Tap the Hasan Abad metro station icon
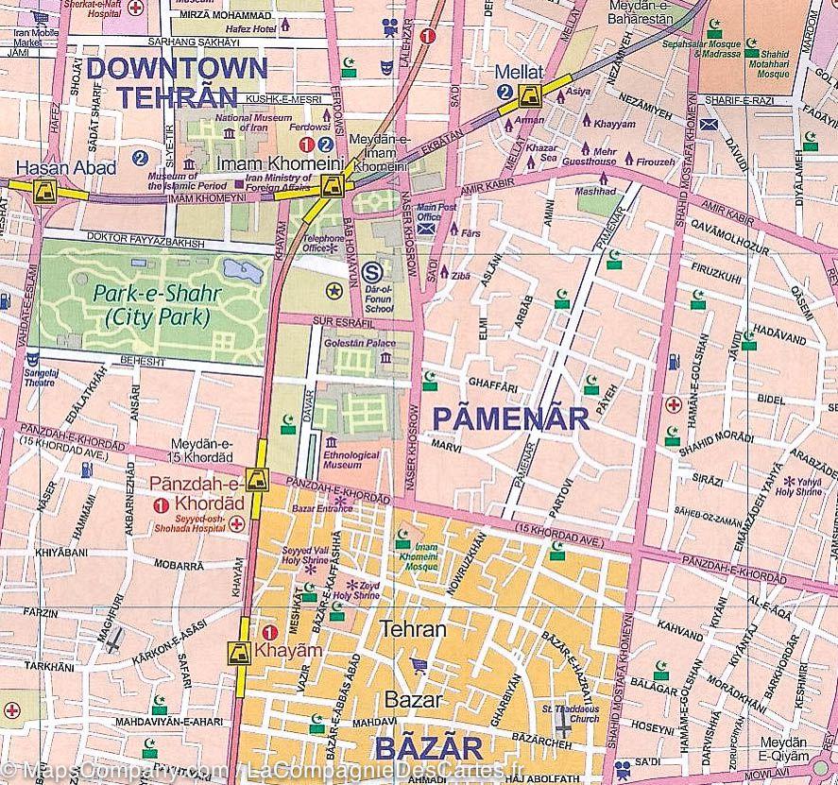coord(43,192)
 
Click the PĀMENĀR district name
coord(510,417)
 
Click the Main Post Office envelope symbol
coord(428,227)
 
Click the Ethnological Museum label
coord(351,460)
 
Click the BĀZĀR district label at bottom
coord(429,749)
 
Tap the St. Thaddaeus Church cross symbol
coord(564,725)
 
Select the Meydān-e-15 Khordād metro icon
coord(255,480)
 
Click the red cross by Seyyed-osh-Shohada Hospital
coord(236,522)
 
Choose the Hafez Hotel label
coord(251,30)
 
